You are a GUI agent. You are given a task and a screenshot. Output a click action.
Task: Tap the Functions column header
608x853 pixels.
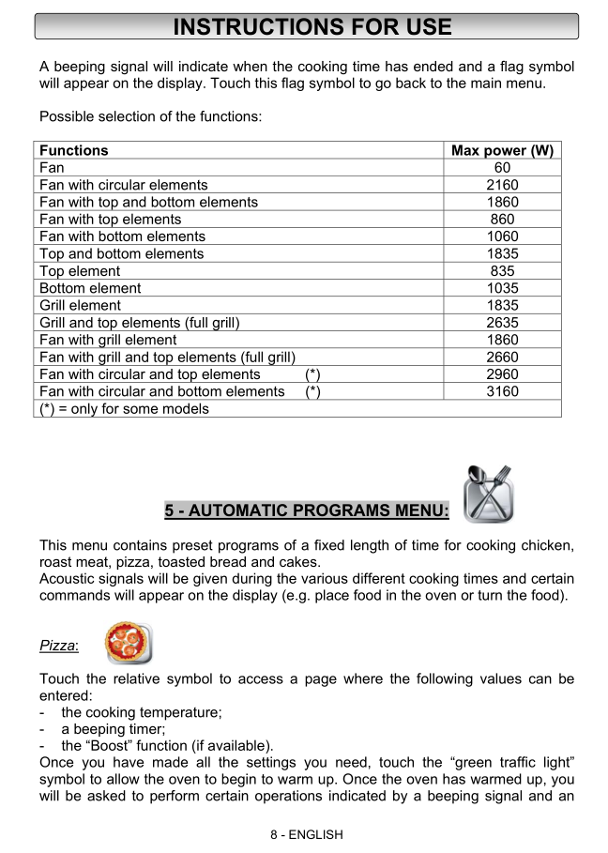point(74,150)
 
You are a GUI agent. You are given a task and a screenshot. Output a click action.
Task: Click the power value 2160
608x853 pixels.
point(502,185)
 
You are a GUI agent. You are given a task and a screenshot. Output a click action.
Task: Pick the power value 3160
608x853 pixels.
point(502,391)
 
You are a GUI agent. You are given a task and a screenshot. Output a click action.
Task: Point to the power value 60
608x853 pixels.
point(502,168)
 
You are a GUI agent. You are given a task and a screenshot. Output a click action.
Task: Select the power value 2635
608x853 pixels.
point(502,323)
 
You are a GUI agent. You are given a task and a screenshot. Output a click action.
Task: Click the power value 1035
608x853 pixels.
point(502,288)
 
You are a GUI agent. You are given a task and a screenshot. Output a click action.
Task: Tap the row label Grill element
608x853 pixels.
point(81,305)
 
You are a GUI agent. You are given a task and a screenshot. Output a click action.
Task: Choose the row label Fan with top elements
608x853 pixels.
point(111,220)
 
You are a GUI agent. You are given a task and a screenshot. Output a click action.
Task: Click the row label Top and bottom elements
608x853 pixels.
point(122,253)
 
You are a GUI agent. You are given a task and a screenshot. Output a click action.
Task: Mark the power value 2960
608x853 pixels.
point(502,374)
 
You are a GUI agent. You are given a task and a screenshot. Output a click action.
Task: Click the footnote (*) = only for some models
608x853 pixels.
point(124,408)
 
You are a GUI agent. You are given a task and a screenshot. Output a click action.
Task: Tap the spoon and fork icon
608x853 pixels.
point(488,495)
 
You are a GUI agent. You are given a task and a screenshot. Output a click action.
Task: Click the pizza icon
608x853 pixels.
point(129,643)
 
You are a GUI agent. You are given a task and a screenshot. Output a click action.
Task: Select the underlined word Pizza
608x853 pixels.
point(58,647)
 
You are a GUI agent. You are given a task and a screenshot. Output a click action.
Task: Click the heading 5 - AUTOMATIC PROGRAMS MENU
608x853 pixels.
point(307,510)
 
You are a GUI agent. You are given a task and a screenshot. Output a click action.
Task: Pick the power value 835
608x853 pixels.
point(502,271)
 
